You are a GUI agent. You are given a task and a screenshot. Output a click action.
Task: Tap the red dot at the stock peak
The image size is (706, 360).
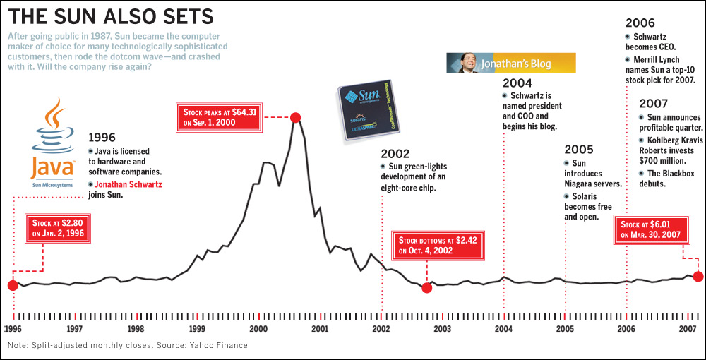pyautogui.click(x=296, y=117)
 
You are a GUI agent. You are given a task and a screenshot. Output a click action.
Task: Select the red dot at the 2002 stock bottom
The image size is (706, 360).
pyautogui.click(x=426, y=287)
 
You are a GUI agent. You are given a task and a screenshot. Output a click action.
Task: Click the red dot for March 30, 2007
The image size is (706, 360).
pyautogui.click(x=698, y=276)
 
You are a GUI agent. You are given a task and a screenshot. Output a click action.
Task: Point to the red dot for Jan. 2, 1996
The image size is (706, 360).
pyautogui.click(x=12, y=285)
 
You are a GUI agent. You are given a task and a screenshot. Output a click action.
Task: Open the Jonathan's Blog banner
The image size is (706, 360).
pyautogui.click(x=512, y=64)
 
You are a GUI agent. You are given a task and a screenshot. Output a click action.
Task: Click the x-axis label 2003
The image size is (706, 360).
pyautogui.click(x=443, y=329)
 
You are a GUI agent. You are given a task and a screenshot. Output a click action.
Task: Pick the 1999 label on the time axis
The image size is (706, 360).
pyautogui.click(x=197, y=329)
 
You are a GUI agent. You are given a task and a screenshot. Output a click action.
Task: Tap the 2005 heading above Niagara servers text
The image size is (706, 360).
pyautogui.click(x=579, y=150)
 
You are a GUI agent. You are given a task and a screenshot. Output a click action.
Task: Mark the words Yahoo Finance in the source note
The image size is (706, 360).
pyautogui.click(x=223, y=346)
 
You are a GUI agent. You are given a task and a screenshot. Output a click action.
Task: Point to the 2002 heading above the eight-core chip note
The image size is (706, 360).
pyautogui.click(x=395, y=153)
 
